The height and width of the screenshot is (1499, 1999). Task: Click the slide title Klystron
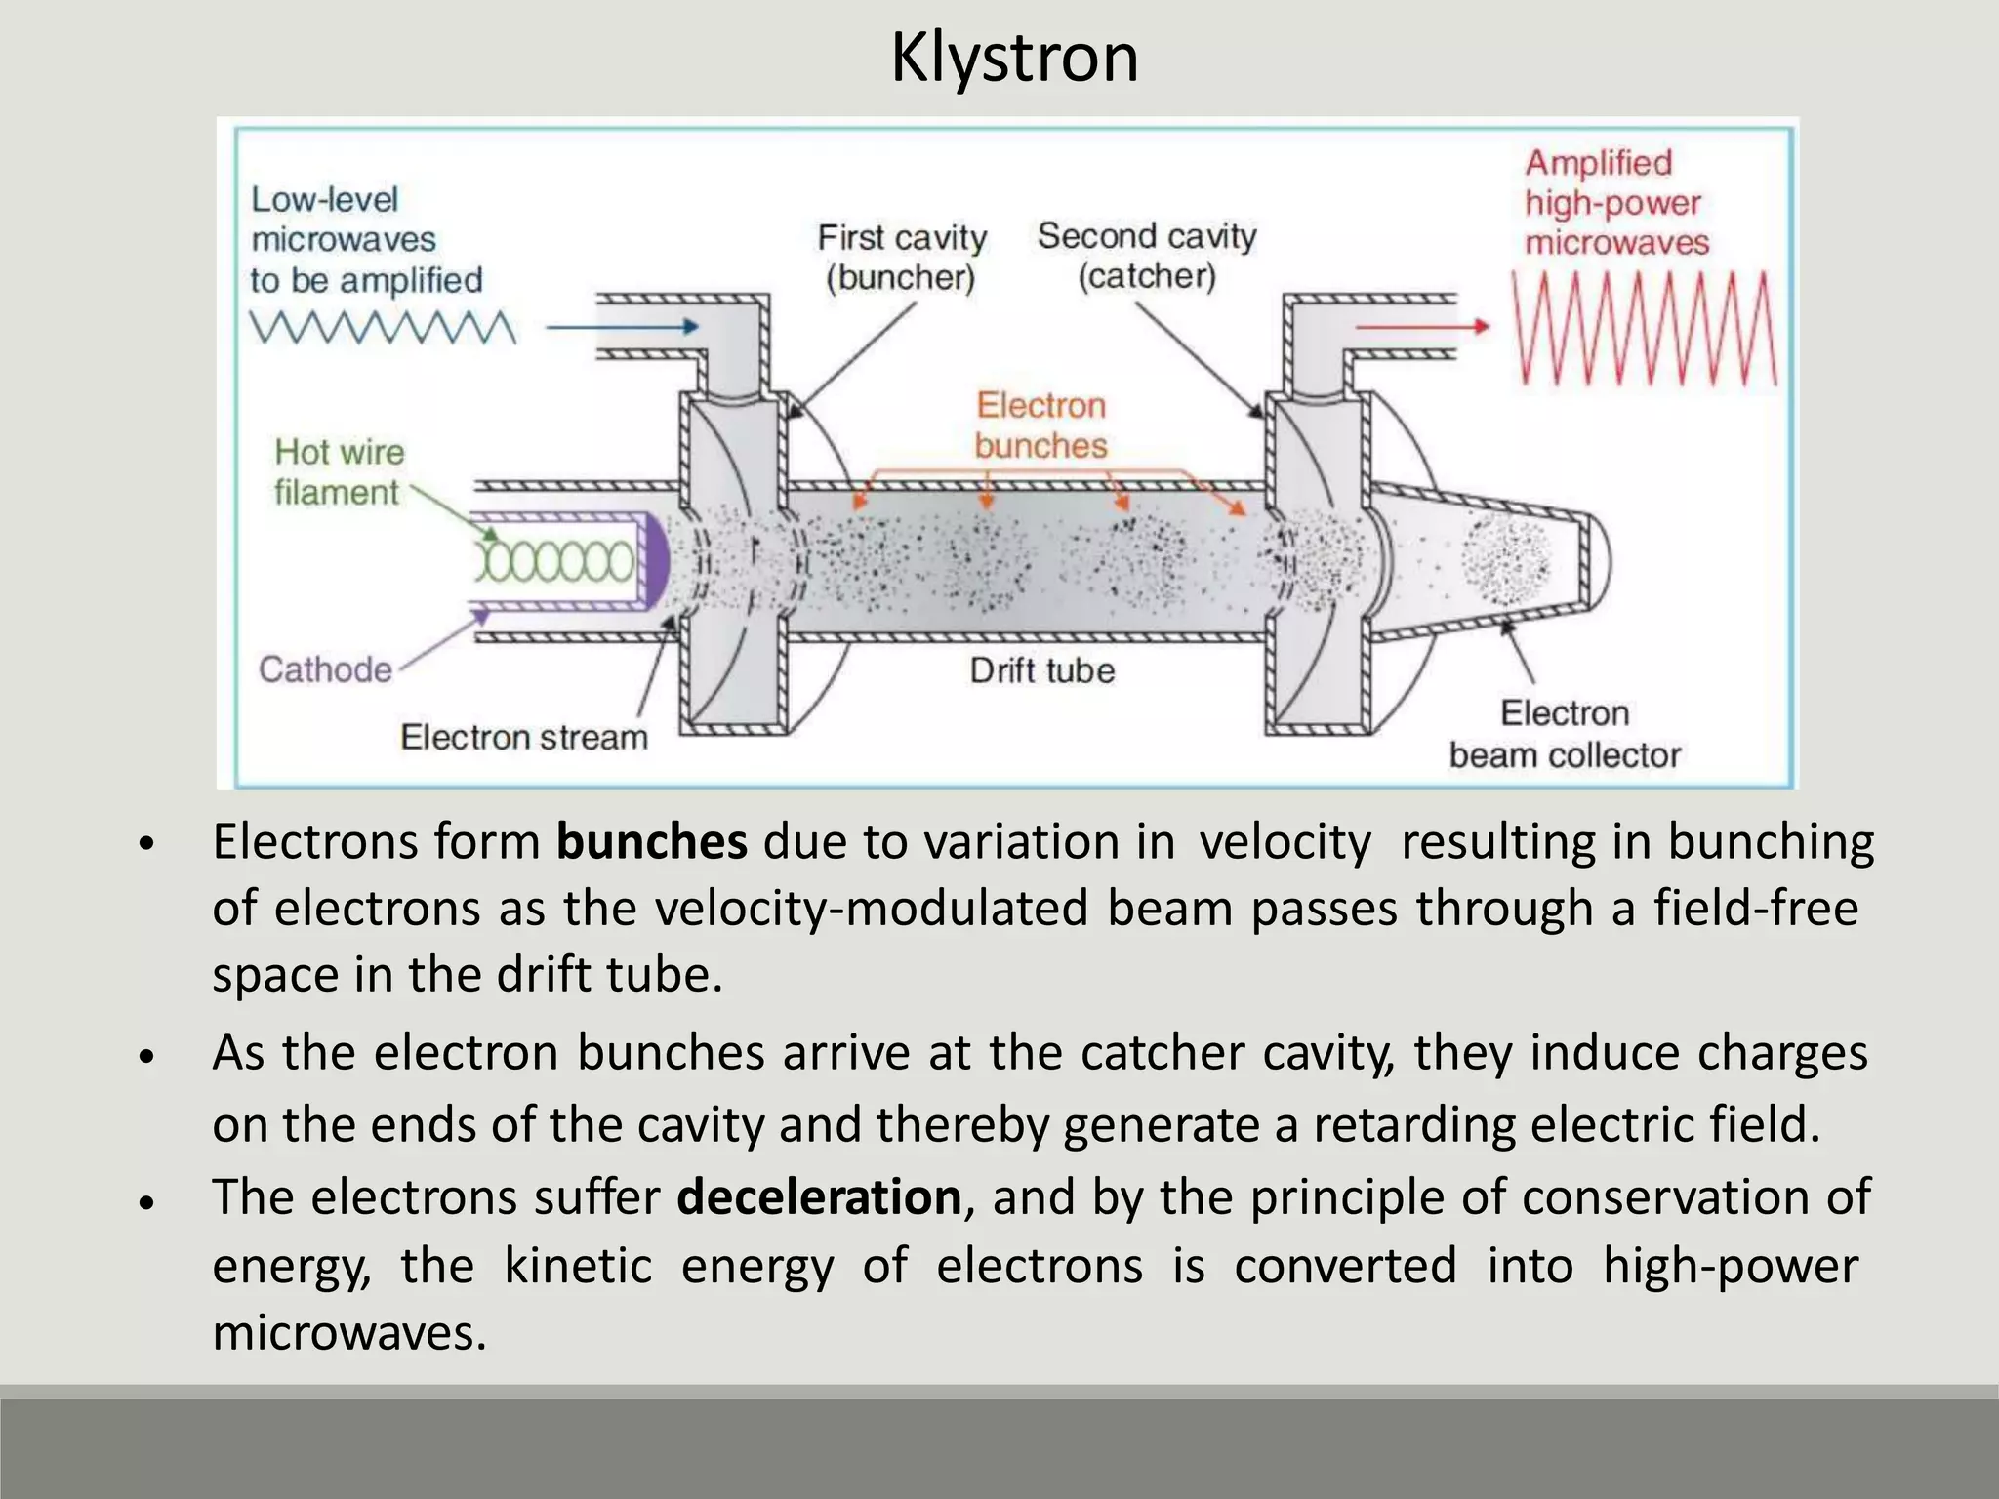[x=1014, y=59]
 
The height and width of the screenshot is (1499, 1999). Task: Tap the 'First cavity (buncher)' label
[x=902, y=258]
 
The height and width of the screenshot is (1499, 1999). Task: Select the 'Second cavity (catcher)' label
[x=1147, y=256]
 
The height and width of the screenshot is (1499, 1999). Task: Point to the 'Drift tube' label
[x=1041, y=670]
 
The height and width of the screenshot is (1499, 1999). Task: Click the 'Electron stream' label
[x=524, y=737]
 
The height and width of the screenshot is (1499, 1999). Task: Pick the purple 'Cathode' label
[x=325, y=669]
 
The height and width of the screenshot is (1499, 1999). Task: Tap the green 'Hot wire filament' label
[x=338, y=472]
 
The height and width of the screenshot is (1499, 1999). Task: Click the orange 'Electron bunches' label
[x=1041, y=425]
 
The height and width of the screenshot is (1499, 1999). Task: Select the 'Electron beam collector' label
[x=1565, y=734]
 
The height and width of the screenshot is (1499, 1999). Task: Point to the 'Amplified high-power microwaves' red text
[x=1616, y=202]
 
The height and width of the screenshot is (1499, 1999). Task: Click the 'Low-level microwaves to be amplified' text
[x=366, y=239]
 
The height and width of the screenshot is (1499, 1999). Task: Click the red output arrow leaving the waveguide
[x=1423, y=327]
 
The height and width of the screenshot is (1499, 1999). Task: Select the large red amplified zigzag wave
[x=1645, y=329]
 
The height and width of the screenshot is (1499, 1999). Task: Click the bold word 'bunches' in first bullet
[x=651, y=841]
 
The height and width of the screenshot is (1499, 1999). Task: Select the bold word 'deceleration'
[x=819, y=1196]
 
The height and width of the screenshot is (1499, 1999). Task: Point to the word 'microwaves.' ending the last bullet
[x=349, y=1332]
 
